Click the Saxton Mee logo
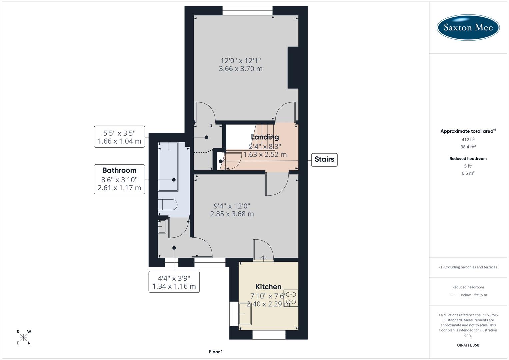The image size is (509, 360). [468, 27]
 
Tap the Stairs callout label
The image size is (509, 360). [324, 159]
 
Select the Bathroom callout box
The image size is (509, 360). [119, 179]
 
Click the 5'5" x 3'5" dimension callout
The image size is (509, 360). [119, 137]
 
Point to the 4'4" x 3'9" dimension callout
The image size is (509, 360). [174, 282]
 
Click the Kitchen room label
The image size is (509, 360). [268, 287]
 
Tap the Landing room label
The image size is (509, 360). [265, 137]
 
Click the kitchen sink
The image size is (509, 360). [245, 314]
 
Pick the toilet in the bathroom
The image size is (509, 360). [167, 205]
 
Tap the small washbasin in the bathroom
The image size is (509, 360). [162, 226]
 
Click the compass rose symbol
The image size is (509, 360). [23, 337]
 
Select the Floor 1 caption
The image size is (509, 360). [216, 352]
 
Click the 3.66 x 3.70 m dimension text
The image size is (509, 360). [240, 69]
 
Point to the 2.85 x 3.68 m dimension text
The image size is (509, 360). [232, 214]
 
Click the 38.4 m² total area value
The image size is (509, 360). [468, 147]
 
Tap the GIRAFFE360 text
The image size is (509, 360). [468, 345]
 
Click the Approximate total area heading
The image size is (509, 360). [467, 131]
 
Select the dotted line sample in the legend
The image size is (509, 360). [454, 295]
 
